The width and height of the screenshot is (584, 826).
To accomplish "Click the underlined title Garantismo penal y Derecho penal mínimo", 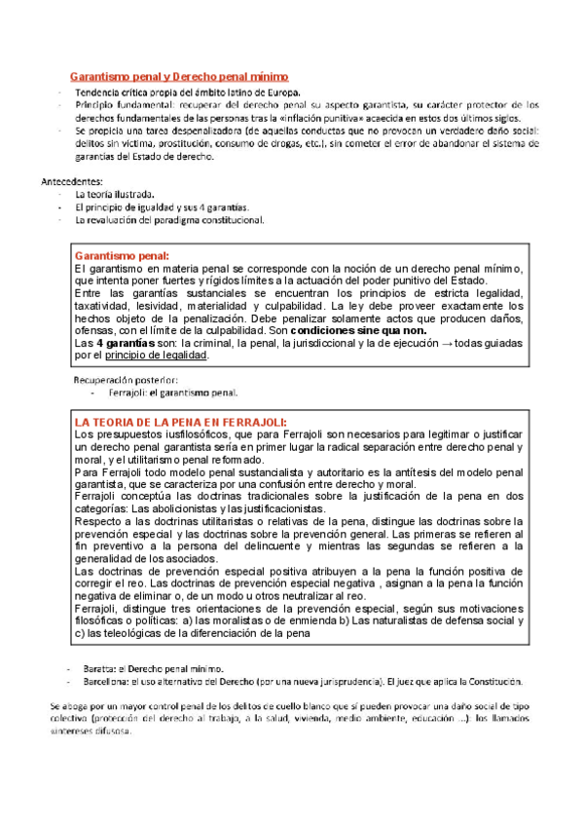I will point(178,76).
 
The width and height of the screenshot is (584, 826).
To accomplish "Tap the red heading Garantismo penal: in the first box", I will point(122,253).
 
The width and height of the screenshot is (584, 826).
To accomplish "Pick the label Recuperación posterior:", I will point(127,379).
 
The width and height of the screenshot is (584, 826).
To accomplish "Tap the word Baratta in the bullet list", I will point(96,669).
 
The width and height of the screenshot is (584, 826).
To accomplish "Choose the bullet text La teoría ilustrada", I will point(115,194).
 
